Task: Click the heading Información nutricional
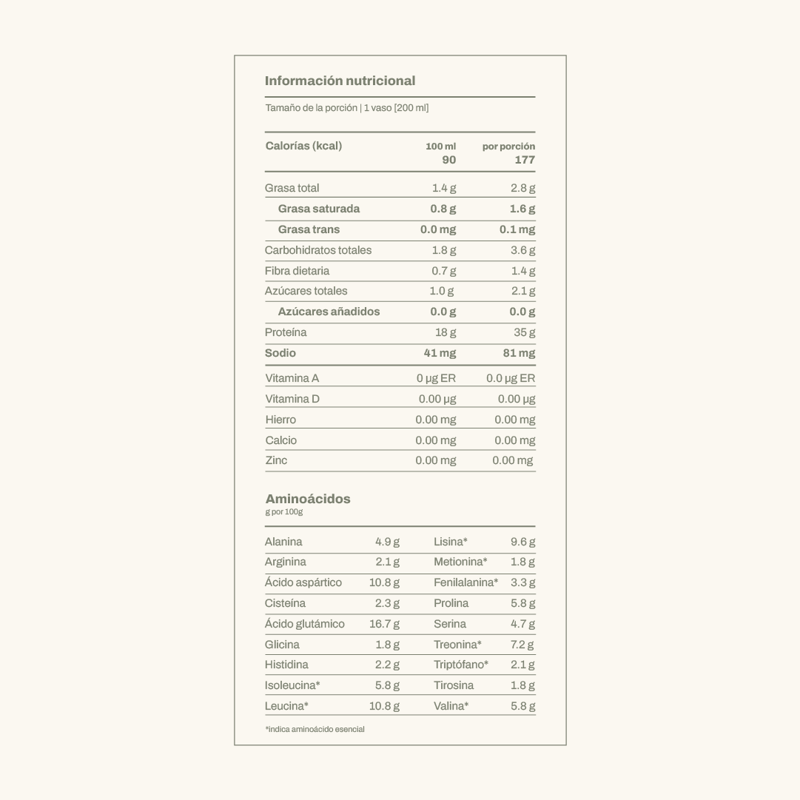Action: click(x=340, y=81)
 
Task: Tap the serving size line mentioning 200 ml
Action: click(x=346, y=108)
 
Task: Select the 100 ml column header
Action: click(x=440, y=147)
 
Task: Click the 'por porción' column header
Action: click(x=508, y=147)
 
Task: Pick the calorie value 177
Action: click(x=525, y=160)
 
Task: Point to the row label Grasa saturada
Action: click(x=318, y=209)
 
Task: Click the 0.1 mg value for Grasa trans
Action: click(x=517, y=229)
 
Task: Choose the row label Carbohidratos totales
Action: click(x=318, y=250)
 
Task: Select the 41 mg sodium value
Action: click(x=440, y=353)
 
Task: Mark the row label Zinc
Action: click(x=276, y=460)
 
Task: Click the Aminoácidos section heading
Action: click(x=308, y=499)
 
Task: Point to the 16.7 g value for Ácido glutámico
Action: click(x=384, y=624)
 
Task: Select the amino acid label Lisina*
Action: click(x=450, y=542)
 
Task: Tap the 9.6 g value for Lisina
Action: click(x=522, y=542)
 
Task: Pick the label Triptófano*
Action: click(x=460, y=665)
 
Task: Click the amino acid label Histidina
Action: click(x=286, y=665)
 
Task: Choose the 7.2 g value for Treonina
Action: click(x=522, y=645)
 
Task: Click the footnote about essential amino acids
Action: click(x=315, y=730)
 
